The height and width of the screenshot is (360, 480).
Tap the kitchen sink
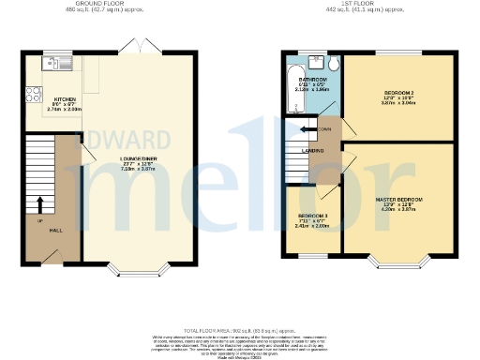pos(54,64)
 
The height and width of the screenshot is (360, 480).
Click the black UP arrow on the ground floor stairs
pos(39,203)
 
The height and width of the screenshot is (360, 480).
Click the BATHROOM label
pos(312,81)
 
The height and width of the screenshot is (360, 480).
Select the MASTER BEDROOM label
pos(401,200)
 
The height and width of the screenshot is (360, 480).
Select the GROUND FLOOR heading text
pos(96,5)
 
